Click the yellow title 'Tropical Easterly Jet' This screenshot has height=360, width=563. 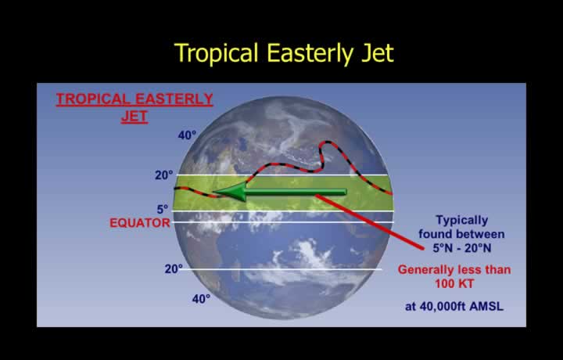[284, 53]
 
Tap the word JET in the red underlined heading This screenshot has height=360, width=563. [134, 117]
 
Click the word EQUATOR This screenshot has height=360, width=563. [140, 223]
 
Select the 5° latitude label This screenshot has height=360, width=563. [163, 209]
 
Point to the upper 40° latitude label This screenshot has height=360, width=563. [187, 135]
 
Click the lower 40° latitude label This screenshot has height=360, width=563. [201, 298]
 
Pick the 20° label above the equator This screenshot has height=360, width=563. [163, 175]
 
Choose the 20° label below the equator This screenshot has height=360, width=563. [174, 268]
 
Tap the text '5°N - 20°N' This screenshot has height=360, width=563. [462, 248]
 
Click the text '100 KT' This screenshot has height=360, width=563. [454, 284]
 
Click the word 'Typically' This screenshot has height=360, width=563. [462, 220]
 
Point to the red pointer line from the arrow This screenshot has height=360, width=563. [369, 221]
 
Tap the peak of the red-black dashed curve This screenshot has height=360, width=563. [328, 142]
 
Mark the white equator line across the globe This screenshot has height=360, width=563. [283, 222]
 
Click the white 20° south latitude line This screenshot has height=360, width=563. [282, 269]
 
